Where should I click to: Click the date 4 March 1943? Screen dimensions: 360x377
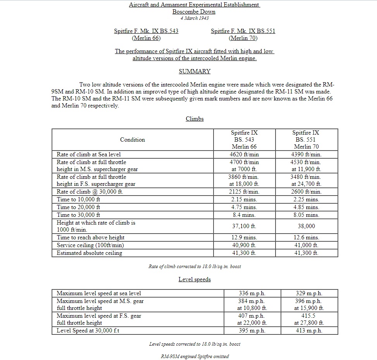pos(194,18)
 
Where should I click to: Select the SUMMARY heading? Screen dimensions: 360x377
pos(195,71)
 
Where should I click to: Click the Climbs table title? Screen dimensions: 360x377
pos(195,119)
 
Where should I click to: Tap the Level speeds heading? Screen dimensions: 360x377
pos(195,279)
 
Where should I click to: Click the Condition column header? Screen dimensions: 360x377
pos(133,140)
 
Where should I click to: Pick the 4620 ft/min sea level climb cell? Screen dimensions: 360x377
pos(244,154)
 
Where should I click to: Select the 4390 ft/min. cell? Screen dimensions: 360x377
pos(306,154)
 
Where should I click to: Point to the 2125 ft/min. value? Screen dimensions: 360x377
pos(244,192)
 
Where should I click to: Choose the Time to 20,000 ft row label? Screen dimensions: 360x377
pos(78,207)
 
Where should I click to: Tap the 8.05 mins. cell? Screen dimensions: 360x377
pos(306,215)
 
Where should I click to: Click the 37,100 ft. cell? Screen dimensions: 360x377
pos(244,226)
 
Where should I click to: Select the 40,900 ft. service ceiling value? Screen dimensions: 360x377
pos(244,245)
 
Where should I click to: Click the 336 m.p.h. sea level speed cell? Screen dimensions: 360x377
pos(252,293)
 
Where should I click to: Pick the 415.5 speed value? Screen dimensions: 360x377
pos(309,316)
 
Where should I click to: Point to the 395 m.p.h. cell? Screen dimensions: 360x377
pos(252,331)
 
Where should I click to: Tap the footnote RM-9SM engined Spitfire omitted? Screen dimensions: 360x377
pos(195,356)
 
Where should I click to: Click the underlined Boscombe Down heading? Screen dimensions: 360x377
pos(194,12)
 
